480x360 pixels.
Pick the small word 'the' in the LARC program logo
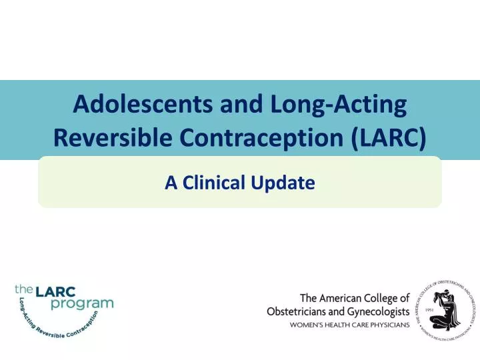pos(24,290)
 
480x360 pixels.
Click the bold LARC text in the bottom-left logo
pos(56,291)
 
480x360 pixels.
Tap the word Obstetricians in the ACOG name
pos(299,311)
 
